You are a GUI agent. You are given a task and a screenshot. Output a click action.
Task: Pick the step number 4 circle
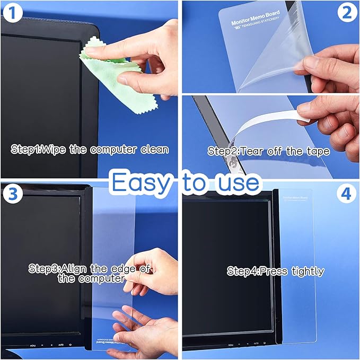tap(347, 194)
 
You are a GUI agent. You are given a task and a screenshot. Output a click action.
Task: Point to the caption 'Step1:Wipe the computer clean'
tap(90, 149)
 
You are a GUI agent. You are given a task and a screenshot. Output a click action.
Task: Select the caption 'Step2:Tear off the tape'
tap(269, 151)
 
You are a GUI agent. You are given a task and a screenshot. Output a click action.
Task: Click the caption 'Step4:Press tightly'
tap(275, 271)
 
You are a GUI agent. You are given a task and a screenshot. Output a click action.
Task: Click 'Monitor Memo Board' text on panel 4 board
tap(296, 197)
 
